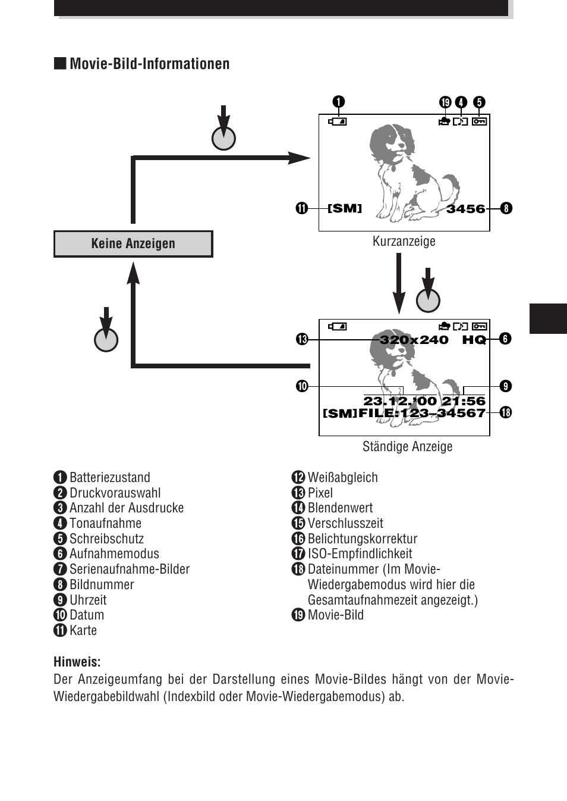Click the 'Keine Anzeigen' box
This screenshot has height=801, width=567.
coord(133,244)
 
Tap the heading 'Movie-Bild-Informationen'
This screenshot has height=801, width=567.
coord(149,64)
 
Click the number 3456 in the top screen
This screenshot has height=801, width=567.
coord(465,209)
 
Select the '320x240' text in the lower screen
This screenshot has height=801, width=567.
coord(414,340)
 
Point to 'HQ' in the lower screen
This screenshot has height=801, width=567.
coord(474,340)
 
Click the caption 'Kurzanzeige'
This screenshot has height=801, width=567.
coord(404,241)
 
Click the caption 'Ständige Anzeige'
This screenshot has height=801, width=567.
coord(407,446)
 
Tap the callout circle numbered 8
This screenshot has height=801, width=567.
coord(506,208)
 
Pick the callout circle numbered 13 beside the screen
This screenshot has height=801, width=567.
coord(302,339)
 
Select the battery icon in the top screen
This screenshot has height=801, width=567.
coord(338,121)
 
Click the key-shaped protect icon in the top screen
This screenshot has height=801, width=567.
coord(479,121)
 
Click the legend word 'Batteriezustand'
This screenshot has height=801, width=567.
coord(109,477)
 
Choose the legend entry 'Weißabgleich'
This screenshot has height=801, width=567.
coord(342,477)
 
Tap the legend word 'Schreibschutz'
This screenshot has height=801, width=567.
coord(106,539)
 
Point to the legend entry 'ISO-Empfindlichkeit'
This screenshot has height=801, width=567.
coord(360,554)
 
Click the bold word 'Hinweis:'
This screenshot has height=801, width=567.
coord(77,662)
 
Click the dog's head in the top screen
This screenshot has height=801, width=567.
coord(389,143)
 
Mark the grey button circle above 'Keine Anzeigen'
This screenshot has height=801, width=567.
coord(223,138)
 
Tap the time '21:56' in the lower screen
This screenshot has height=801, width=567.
coord(464,402)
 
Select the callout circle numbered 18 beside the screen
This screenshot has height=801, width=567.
coord(505,412)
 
